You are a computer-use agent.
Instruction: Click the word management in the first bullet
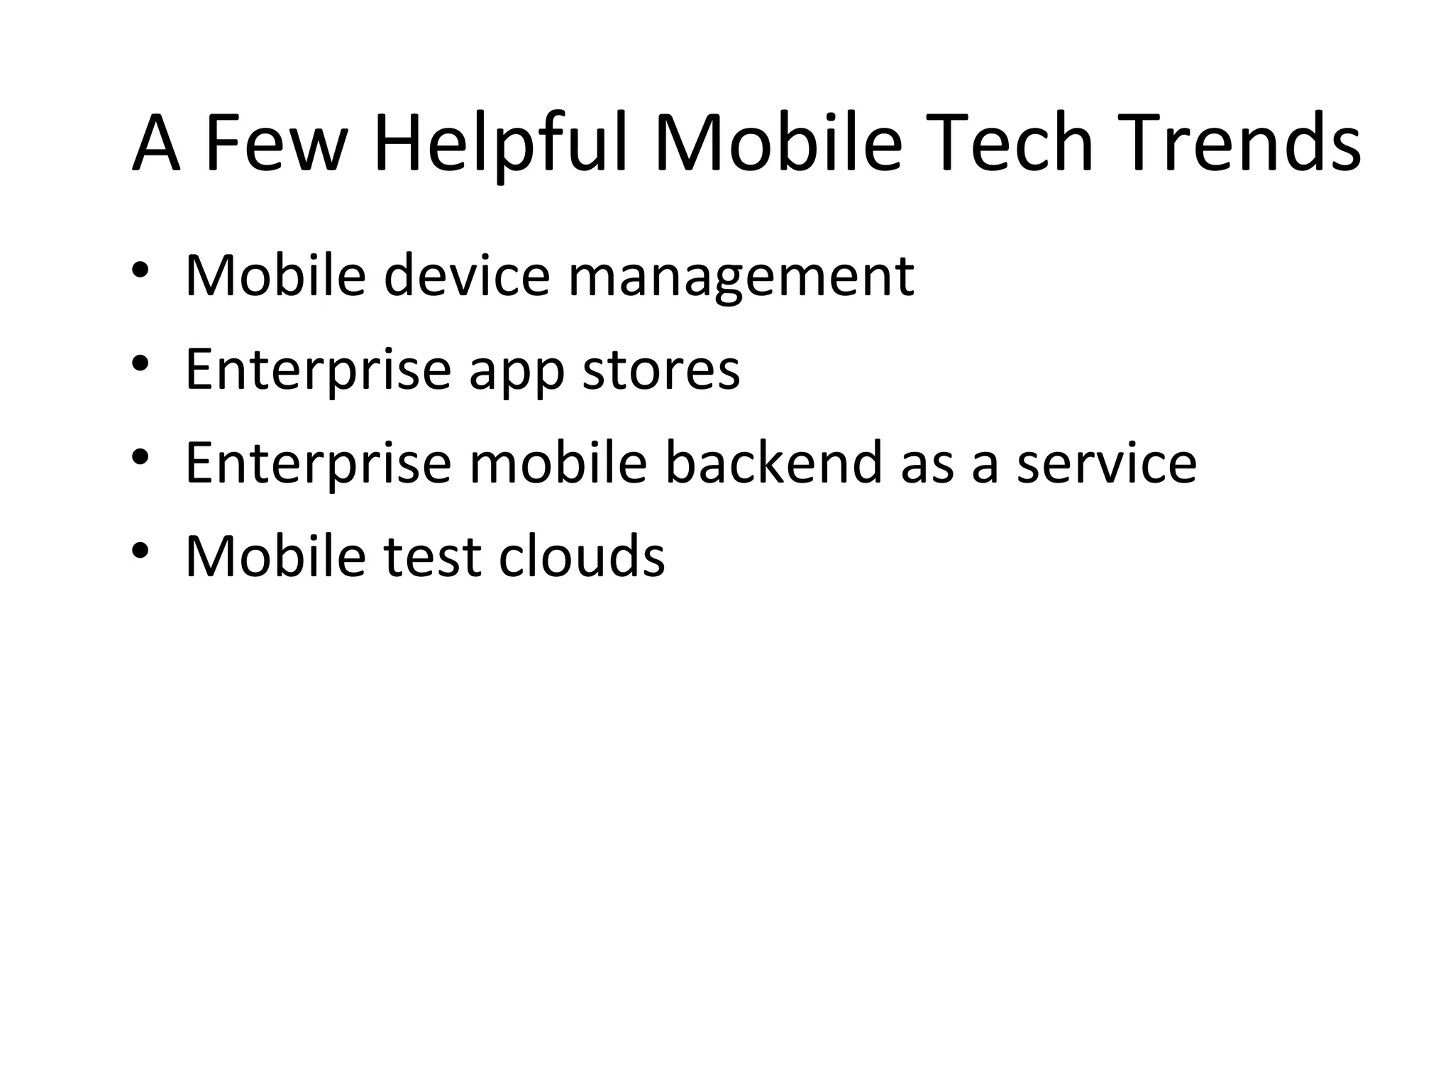741,277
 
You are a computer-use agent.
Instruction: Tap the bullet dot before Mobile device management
140,270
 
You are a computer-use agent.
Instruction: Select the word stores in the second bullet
661,370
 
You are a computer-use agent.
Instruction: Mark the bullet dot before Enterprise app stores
140,363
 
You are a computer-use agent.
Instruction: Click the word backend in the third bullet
773,463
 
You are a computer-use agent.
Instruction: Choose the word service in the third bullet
1106,463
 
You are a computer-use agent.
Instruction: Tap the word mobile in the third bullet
558,463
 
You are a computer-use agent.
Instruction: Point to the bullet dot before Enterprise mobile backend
140,457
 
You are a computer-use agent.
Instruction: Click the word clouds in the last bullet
581,556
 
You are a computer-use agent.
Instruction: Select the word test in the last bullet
431,556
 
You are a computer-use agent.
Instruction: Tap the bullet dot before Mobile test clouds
140,550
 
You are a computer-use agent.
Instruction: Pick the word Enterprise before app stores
318,370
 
